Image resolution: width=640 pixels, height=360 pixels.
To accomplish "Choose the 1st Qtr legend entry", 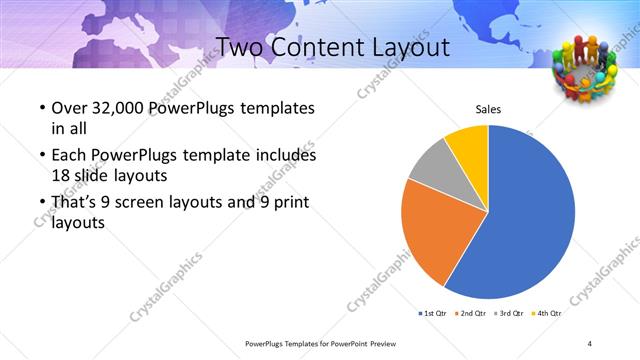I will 432,313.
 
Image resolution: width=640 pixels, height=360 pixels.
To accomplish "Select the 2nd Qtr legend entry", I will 470,313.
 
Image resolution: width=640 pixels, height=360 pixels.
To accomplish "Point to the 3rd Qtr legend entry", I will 509,313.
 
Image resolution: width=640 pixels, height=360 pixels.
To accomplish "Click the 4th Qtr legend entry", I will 547,313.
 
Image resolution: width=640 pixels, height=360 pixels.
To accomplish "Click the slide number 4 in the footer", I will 591,343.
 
